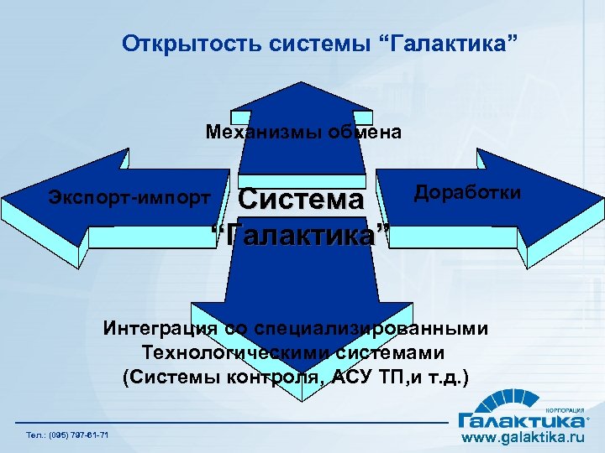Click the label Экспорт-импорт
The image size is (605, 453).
point(129,198)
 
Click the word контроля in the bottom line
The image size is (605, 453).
point(279,376)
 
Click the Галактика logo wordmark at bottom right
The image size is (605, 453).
point(520,417)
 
